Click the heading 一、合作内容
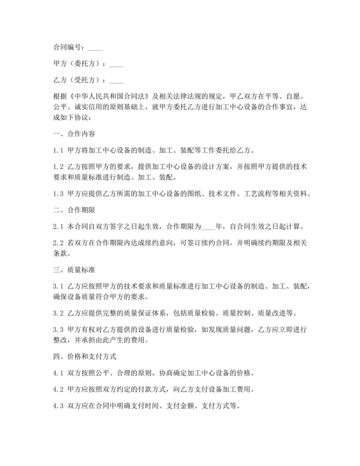coord(74,134)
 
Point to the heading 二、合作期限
coord(74,210)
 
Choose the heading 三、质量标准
coord(74,269)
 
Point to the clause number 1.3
coord(58,193)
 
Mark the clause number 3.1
coord(58,285)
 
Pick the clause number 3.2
coord(58,313)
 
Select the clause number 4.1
coord(58,372)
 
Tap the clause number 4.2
coord(58,388)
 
